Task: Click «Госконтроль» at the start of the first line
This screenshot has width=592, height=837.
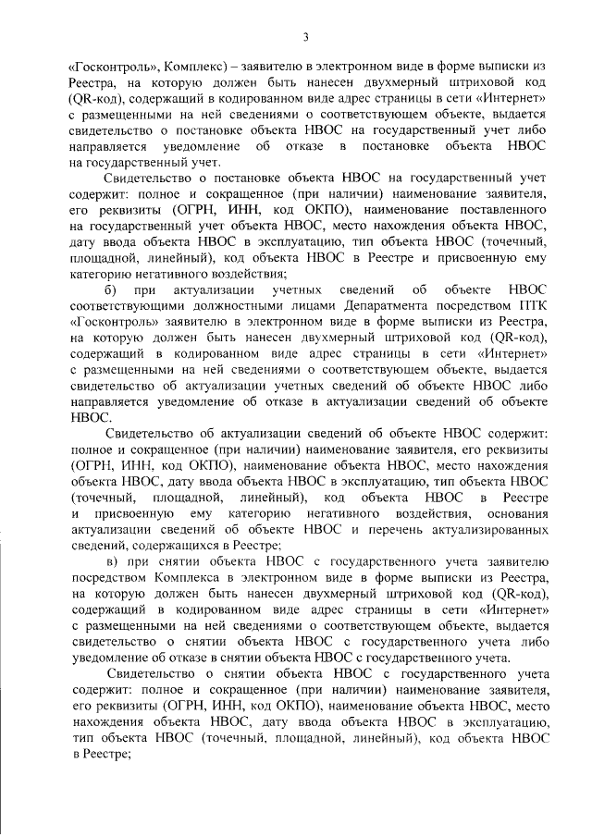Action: (x=108, y=68)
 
